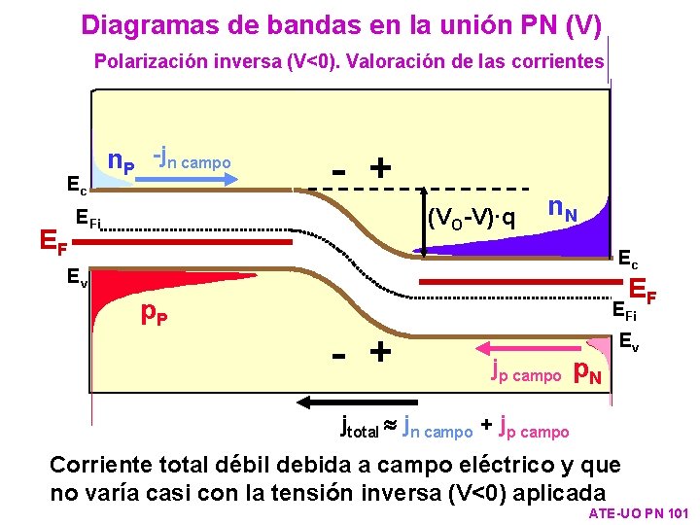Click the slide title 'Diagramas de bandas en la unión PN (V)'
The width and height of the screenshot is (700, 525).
pyautogui.click(x=341, y=23)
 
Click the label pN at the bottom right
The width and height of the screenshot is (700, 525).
pyautogui.click(x=588, y=370)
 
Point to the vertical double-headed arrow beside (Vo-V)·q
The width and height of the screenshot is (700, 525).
pyautogui.click(x=426, y=222)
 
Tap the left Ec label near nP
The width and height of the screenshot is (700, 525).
pyautogui.click(x=77, y=182)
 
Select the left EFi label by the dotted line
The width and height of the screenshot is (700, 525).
pyautogui.click(x=87, y=220)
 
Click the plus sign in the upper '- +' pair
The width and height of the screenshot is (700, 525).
pyautogui.click(x=381, y=168)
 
